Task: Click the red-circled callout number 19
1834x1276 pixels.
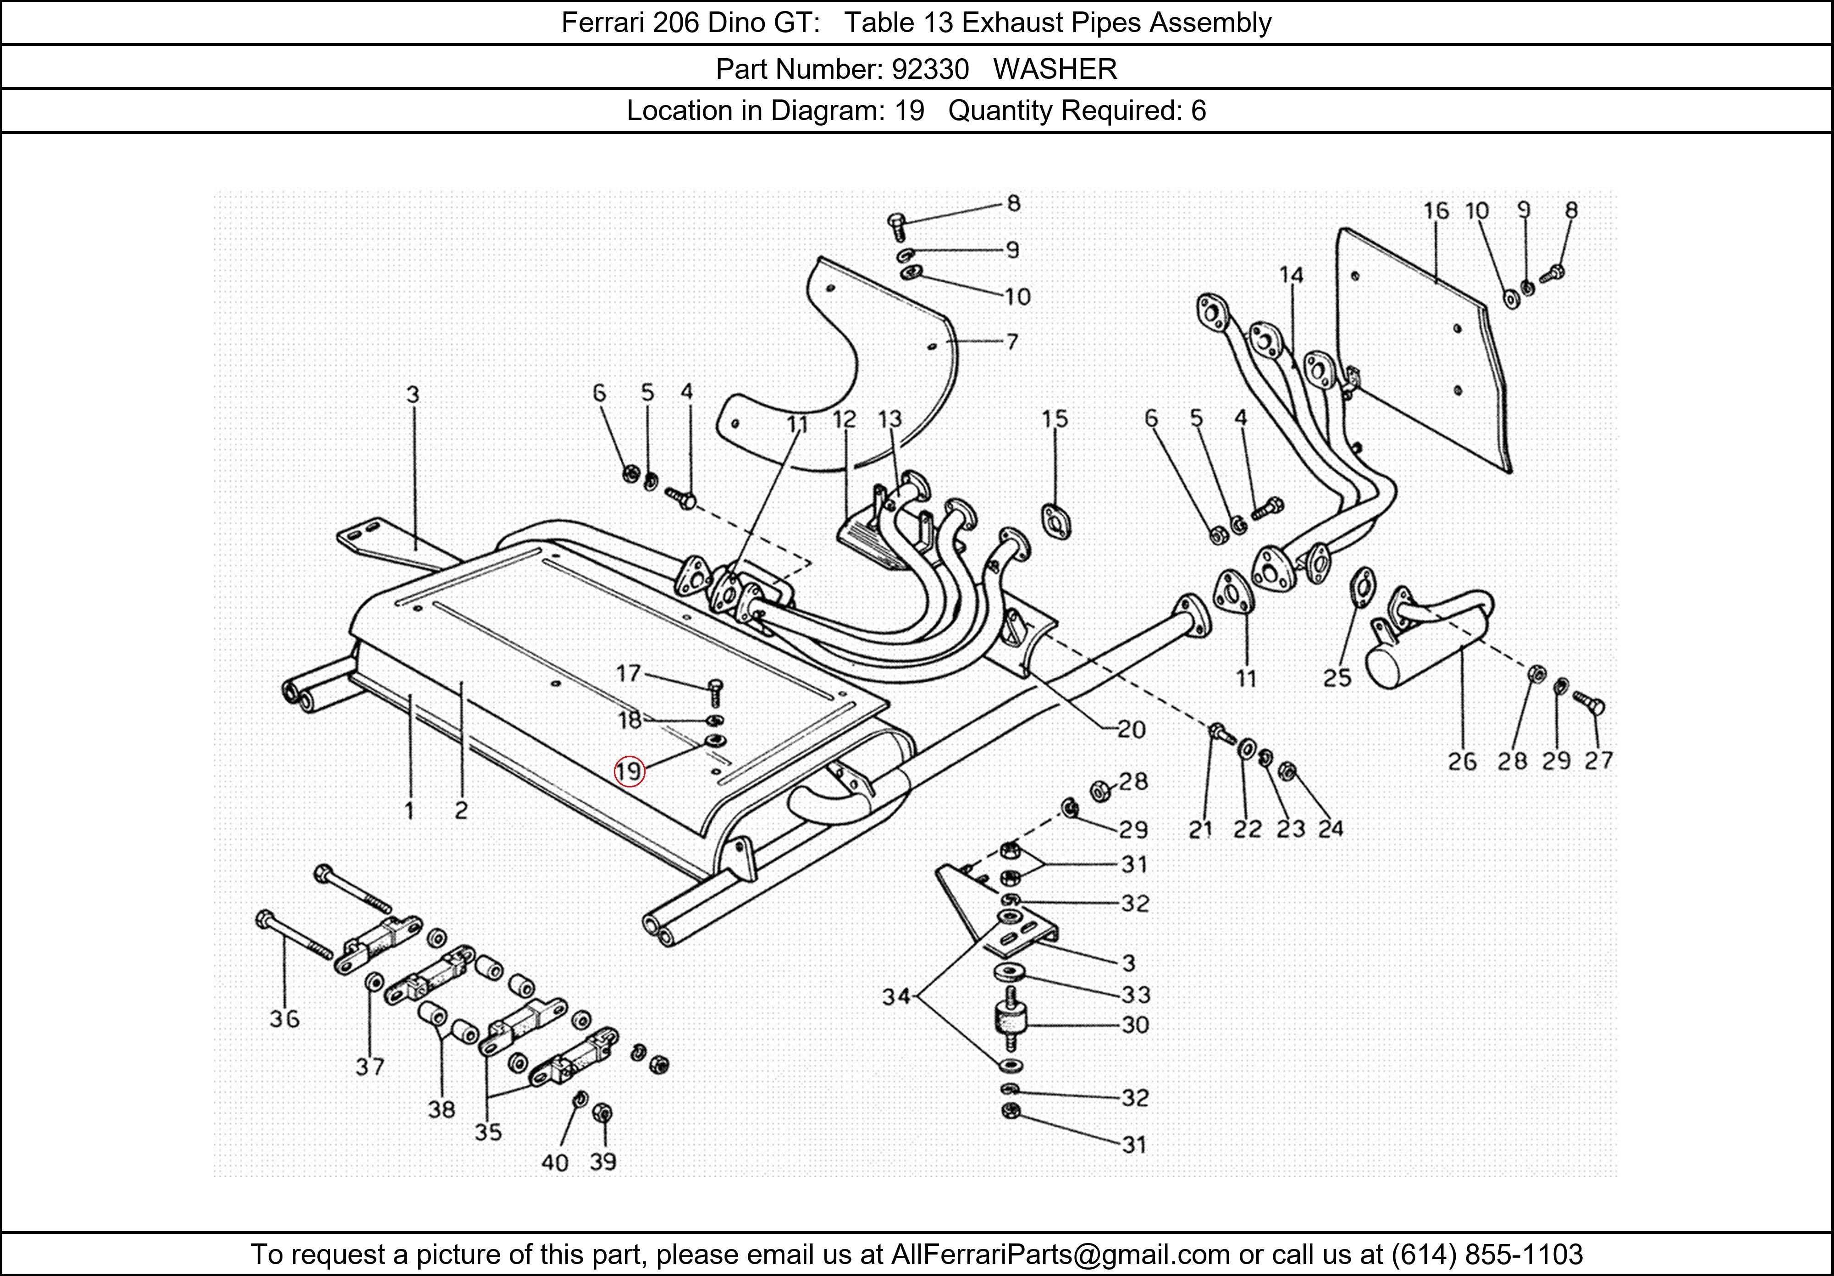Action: pos(629,771)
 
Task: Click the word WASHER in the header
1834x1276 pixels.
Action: pos(1055,70)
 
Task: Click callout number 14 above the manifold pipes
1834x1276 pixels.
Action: pos(1291,275)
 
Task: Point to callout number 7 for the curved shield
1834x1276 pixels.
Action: pos(1012,342)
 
